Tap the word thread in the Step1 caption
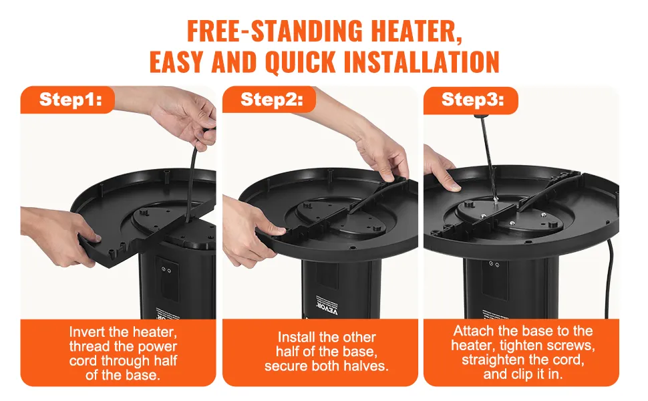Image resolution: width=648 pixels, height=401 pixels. click(x=89, y=347)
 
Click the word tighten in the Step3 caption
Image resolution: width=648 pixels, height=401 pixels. click(x=520, y=346)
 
